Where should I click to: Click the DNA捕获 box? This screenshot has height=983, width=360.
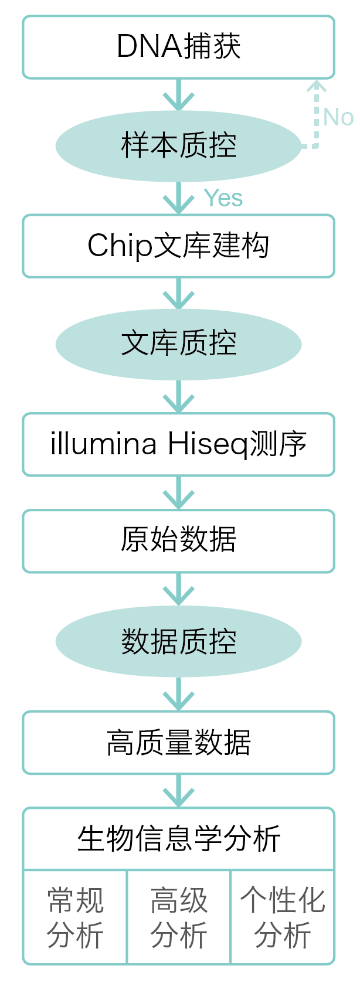pyautogui.click(x=178, y=47)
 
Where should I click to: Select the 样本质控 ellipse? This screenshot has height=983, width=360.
pyautogui.click(x=178, y=145)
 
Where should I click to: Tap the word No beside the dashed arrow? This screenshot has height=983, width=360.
pyautogui.click(x=338, y=117)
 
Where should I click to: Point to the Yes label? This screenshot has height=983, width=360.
pyautogui.click(x=223, y=198)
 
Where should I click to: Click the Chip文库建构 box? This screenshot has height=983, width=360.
pyautogui.click(x=178, y=246)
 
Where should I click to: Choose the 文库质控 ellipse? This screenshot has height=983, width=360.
pyautogui.click(x=178, y=343)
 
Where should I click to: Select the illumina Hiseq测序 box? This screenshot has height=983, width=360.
pyautogui.click(x=178, y=444)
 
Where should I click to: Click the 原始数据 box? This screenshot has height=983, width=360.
pyautogui.click(x=178, y=540)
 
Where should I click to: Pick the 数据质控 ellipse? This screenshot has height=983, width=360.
pyautogui.click(x=178, y=641)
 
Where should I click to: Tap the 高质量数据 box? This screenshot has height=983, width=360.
pyautogui.click(x=178, y=742)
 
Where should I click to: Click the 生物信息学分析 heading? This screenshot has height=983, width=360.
pyautogui.click(x=178, y=839)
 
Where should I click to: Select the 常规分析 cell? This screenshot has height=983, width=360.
pyautogui.click(x=75, y=917)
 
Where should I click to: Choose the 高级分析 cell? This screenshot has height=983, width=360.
pyautogui.click(x=179, y=917)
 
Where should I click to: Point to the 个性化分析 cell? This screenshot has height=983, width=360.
pyautogui.click(x=283, y=917)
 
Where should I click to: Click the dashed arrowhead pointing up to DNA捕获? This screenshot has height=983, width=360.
pyautogui.click(x=317, y=88)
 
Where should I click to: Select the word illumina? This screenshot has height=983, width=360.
pyautogui.click(x=104, y=444)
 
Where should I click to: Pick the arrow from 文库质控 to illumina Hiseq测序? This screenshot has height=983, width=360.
pyautogui.click(x=178, y=397)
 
